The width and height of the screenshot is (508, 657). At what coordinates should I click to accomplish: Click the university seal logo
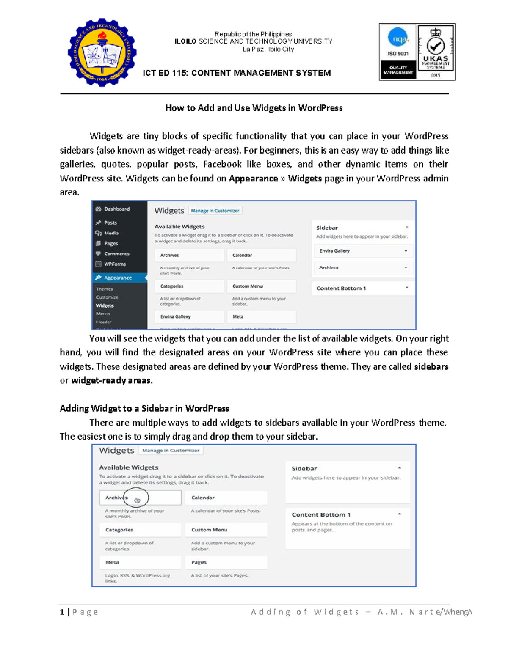[102, 52]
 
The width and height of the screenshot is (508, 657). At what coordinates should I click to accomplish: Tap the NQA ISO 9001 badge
[398, 52]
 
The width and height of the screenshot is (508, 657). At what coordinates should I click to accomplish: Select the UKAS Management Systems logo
[436, 52]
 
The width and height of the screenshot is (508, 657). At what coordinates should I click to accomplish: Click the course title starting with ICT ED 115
[237, 73]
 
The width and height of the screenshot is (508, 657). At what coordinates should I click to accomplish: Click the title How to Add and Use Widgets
[254, 108]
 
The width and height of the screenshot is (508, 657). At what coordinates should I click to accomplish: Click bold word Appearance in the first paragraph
[253, 179]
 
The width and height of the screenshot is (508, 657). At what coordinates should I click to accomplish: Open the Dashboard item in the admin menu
[116, 209]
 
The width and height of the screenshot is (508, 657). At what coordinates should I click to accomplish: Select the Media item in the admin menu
[111, 233]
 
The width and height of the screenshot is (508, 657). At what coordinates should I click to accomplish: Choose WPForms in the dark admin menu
[115, 264]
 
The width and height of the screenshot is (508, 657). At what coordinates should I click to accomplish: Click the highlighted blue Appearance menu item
[118, 278]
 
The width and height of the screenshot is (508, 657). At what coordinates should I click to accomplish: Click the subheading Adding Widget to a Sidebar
[144, 408]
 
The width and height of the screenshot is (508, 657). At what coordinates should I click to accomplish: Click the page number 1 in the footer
[62, 612]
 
